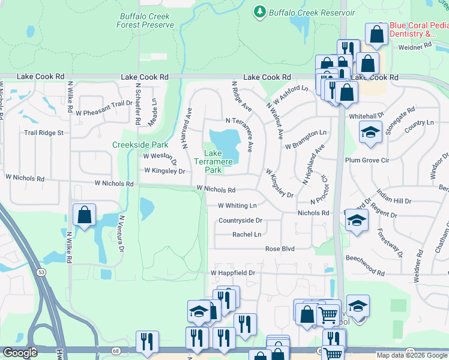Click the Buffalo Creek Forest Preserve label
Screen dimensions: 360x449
[x=146, y=20]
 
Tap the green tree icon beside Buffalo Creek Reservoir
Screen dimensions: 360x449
[x=259, y=11]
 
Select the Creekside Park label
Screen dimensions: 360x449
[x=140, y=145]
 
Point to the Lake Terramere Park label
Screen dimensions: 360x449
[x=208, y=162]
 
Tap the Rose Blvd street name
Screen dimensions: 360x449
[x=281, y=248]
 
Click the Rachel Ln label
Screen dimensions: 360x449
[x=247, y=235]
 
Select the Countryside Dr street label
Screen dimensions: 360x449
[x=241, y=220]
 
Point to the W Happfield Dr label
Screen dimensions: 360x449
[x=233, y=273]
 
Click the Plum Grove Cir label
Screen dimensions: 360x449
[x=367, y=160]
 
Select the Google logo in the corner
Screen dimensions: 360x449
[x=20, y=353]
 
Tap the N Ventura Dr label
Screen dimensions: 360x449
[x=122, y=234]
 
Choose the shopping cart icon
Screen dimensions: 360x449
[x=328, y=313]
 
